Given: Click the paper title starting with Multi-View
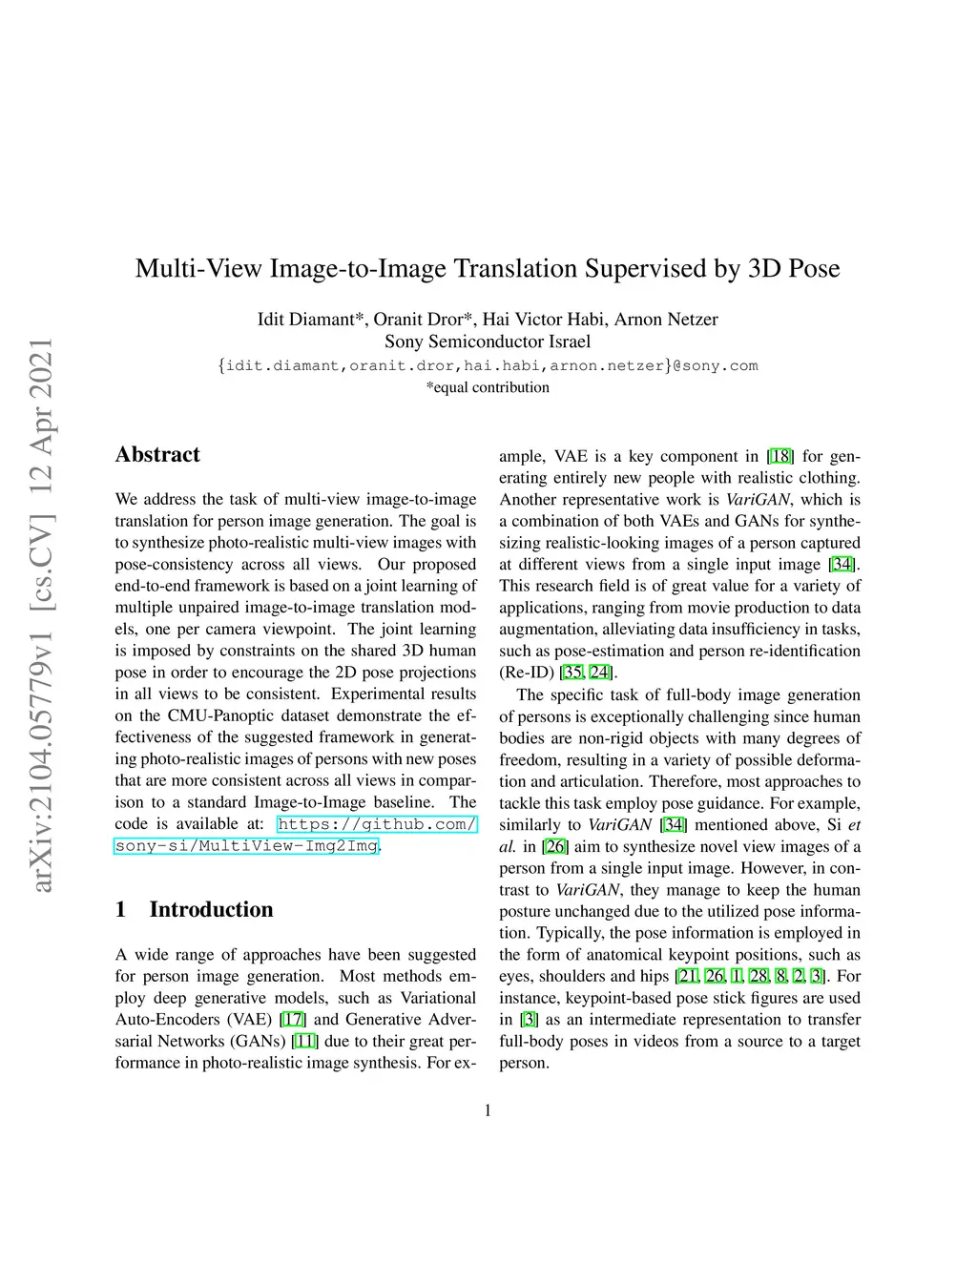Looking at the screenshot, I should point(488,268).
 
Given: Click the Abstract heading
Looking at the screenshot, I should point(157,454).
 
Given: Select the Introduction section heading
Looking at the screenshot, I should point(211,909).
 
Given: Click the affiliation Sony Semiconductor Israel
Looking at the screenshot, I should point(488,342).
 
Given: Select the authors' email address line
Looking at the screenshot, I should point(488,365).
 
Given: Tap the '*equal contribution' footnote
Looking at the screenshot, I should point(488,387).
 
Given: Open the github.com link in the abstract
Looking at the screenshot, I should point(377,824).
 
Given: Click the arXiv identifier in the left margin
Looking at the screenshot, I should point(43,615).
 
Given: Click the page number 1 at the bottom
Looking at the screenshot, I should point(488,1109).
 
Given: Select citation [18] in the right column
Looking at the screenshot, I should point(780,456).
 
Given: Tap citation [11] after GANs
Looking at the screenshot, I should point(305,1041).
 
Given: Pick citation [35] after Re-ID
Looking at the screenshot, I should point(573,673).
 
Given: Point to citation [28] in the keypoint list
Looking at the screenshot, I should point(759,976).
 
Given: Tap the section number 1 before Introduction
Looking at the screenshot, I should point(121,909).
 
